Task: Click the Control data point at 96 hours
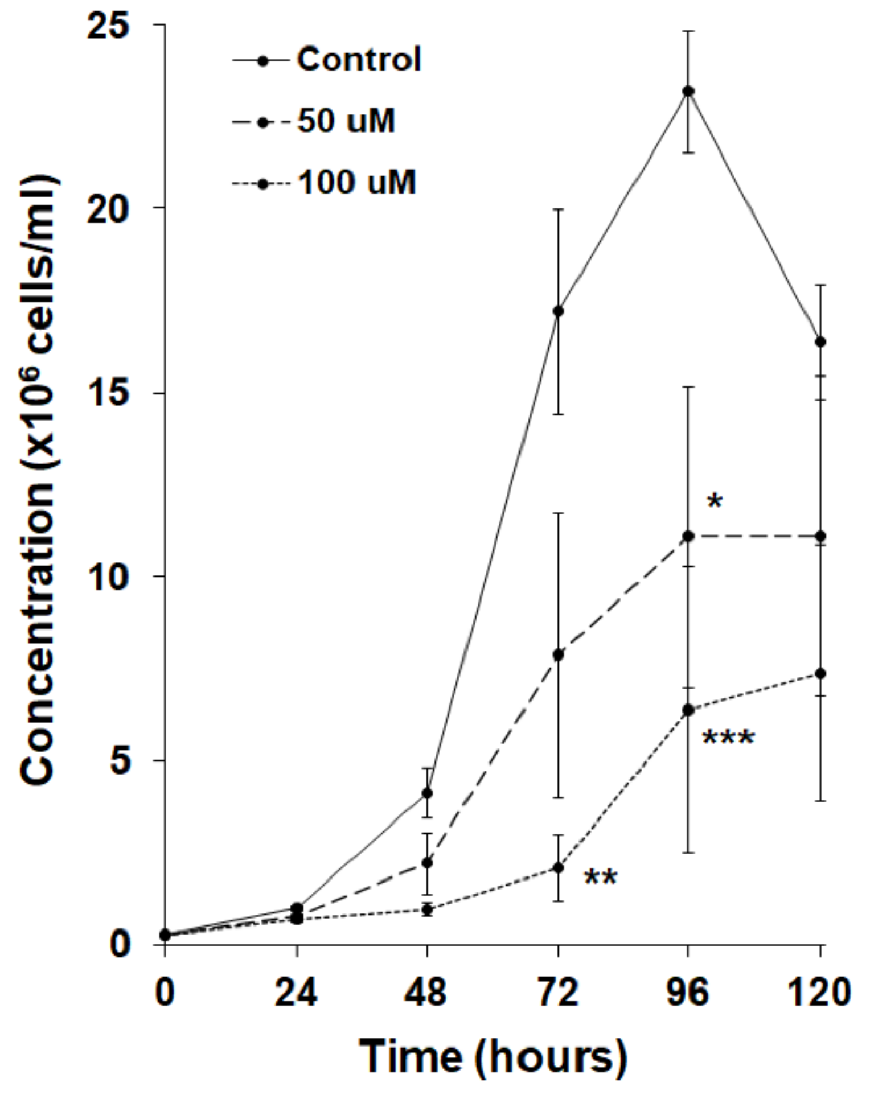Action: point(688,91)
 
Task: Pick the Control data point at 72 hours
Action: point(558,311)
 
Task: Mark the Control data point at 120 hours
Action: point(820,342)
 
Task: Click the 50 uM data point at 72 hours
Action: point(558,655)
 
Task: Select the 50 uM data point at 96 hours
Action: point(688,536)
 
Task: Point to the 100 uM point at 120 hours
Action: point(820,674)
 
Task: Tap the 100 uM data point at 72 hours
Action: point(558,868)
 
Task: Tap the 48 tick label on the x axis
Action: point(426,993)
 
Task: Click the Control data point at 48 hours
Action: point(427,793)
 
